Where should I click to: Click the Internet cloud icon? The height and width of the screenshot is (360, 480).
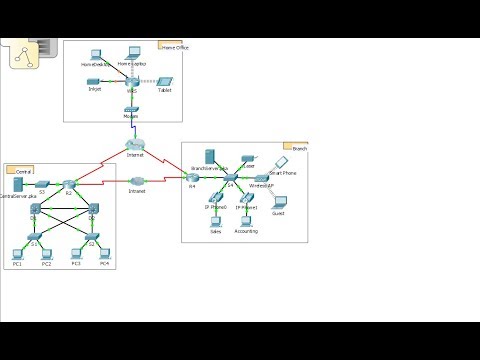click(136, 146)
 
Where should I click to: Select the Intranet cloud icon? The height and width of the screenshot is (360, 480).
click(137, 181)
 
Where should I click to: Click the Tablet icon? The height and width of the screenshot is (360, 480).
click(166, 80)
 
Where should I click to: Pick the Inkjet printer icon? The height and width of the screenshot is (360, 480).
click(94, 80)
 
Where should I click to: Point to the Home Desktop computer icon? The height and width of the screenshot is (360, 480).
click(96, 54)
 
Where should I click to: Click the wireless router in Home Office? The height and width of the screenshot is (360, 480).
click(131, 79)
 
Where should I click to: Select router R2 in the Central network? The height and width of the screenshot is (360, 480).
click(69, 185)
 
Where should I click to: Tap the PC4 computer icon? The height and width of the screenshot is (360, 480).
click(104, 254)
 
